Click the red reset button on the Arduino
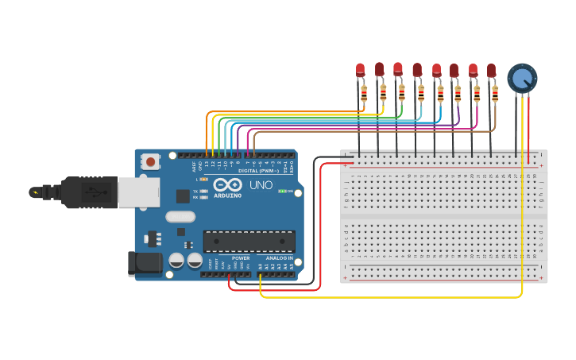tap(150, 162)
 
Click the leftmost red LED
tap(361, 70)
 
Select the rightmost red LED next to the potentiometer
tap(492, 72)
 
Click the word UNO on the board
tap(261, 185)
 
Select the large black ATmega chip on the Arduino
tap(249, 241)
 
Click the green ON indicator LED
tap(281, 192)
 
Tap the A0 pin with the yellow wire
tap(261, 274)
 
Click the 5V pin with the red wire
tap(230, 274)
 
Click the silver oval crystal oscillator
tap(180, 215)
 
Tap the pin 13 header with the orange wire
tap(207, 155)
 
